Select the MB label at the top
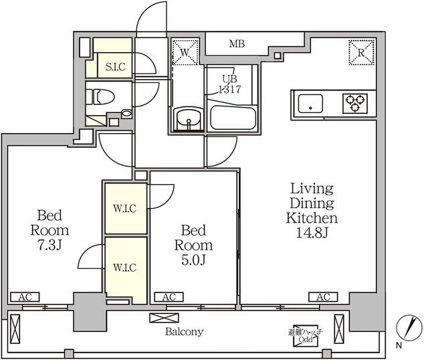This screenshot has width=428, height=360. click(237, 45)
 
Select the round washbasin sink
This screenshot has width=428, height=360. click(188, 120)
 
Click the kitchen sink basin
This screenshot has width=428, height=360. click(310, 104)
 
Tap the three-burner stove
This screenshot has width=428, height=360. click(354, 103)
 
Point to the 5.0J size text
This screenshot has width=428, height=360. click(194, 260)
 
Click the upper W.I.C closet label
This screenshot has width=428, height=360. click(125, 209)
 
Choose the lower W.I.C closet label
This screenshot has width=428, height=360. click(125, 268)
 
